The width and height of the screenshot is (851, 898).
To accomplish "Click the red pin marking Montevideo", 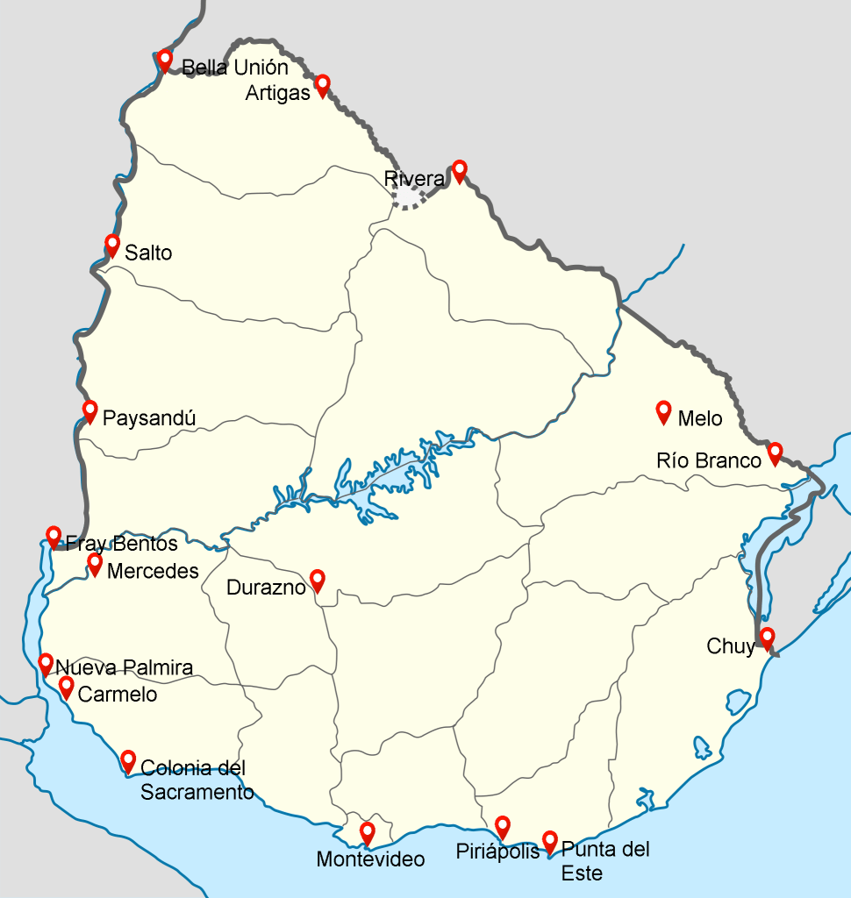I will (x=368, y=832).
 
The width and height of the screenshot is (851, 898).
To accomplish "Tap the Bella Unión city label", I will (x=234, y=68).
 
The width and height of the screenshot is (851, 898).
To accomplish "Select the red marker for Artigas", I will (x=322, y=84).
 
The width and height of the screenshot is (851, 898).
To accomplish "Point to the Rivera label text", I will (x=414, y=179).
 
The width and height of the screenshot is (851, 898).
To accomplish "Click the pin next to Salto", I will (x=112, y=245).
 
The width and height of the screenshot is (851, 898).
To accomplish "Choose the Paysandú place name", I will (x=149, y=417).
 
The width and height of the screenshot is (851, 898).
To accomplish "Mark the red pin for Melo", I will (x=663, y=411).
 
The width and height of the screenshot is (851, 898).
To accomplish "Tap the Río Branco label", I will (x=709, y=460).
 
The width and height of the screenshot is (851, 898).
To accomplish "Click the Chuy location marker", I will (x=767, y=638).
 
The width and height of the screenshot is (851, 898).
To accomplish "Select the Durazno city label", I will (x=266, y=588).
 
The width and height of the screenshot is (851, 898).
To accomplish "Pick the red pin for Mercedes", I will (x=95, y=564).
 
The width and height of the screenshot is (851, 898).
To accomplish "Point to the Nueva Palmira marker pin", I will (x=46, y=663).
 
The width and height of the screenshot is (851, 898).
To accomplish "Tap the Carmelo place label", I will (x=118, y=695).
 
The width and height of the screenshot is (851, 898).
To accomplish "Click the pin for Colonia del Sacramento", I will (x=128, y=760).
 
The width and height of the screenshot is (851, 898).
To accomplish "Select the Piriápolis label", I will (x=497, y=852).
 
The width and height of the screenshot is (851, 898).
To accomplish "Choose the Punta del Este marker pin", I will (x=550, y=841).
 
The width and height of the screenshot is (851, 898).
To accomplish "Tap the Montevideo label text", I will (x=370, y=859).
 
